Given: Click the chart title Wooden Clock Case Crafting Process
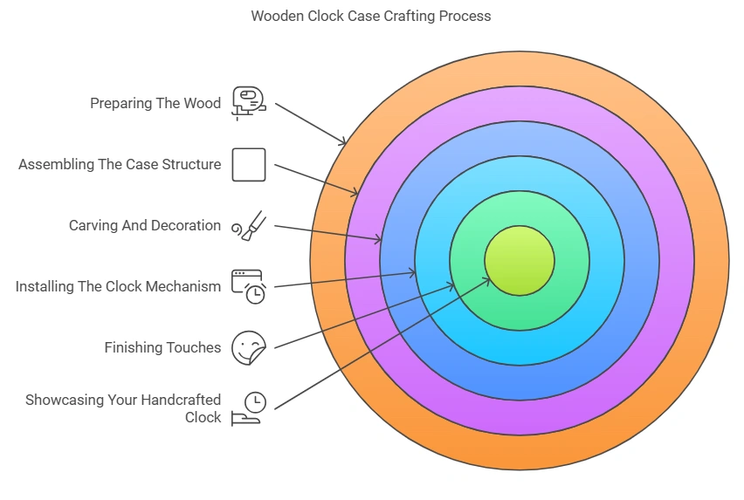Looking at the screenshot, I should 371,16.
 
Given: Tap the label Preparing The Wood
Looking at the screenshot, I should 155,103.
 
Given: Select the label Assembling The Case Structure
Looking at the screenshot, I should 120,164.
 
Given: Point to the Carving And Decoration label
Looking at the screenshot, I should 145,225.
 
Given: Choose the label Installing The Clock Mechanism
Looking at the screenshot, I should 118,286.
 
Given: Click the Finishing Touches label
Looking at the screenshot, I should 162,347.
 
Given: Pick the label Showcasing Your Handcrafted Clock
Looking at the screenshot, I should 123,408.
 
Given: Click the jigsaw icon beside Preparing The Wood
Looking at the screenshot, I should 248,102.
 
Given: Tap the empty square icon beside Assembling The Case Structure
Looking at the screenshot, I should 249,164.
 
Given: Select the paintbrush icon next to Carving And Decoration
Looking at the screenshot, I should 249,226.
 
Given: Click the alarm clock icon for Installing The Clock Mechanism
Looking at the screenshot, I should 249,286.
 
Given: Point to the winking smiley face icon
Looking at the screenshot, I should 249,347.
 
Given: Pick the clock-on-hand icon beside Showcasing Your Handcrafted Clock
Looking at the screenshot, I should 249,408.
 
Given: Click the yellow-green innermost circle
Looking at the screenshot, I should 520,260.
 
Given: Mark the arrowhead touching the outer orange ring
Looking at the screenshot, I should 344,142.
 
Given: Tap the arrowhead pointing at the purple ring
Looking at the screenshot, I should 355,193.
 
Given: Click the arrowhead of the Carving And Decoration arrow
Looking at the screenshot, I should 379,238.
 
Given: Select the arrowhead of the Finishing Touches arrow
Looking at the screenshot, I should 451,284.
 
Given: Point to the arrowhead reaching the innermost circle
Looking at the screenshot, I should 487,279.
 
